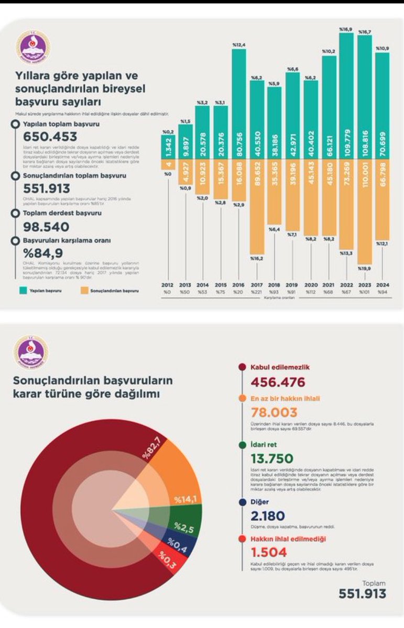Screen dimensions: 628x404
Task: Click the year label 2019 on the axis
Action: [x=292, y=286]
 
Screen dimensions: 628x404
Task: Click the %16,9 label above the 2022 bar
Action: [x=346, y=29]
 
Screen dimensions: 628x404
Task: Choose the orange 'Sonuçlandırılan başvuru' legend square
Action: [x=84, y=290]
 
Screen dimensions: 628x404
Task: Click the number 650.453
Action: [x=51, y=137]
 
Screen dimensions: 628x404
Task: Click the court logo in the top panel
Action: [x=33, y=47]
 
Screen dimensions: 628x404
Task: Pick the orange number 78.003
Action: [x=274, y=413]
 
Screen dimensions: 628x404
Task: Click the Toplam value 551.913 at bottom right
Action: [x=362, y=593]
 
